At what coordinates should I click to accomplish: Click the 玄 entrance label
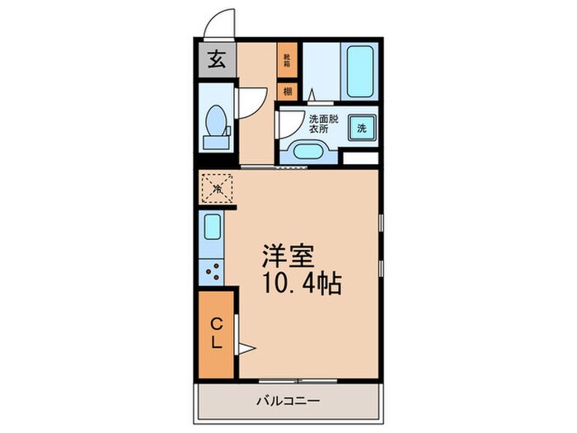[216, 60]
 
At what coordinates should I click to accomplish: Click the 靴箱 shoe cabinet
[287, 59]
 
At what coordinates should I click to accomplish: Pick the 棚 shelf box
[287, 92]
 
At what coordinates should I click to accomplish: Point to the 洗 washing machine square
[362, 128]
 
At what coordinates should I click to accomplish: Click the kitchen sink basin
[212, 227]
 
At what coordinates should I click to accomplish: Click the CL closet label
[216, 332]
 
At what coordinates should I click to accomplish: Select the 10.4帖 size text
[302, 285]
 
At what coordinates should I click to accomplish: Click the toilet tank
[217, 141]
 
